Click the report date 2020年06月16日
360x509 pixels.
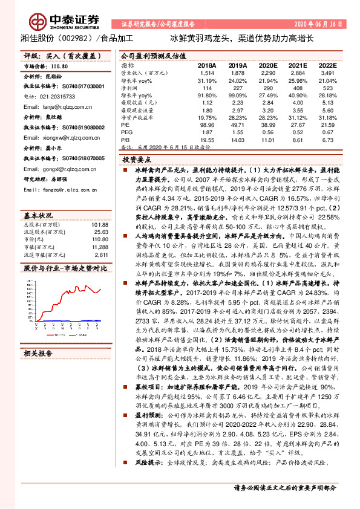(x=324, y=24)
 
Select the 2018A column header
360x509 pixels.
(x=206, y=64)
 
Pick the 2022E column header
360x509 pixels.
(x=327, y=64)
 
